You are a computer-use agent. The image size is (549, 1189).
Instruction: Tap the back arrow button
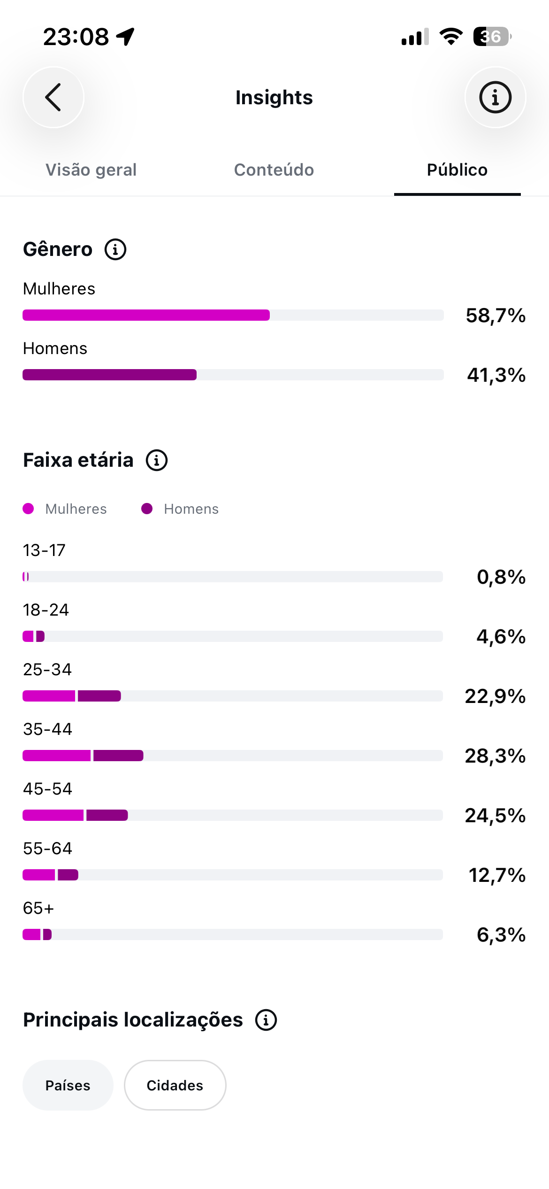click(x=53, y=97)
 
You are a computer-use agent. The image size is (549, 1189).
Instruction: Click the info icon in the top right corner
click(x=495, y=97)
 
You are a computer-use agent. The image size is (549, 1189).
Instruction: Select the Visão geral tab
click(x=91, y=170)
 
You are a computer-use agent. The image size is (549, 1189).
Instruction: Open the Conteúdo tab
click(x=274, y=170)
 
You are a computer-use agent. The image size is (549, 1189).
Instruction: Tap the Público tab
click(x=457, y=170)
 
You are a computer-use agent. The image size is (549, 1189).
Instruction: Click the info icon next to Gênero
click(x=115, y=249)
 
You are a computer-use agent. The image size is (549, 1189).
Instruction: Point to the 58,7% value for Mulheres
click(x=496, y=316)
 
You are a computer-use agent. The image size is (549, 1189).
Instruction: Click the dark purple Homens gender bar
click(x=110, y=375)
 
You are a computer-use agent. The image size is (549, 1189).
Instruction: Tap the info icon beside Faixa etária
click(x=157, y=460)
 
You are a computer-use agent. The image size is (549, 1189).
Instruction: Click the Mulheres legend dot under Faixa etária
click(x=28, y=509)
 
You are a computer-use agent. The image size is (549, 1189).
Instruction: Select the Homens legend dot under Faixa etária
click(x=147, y=509)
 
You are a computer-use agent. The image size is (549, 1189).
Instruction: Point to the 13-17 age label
click(x=44, y=550)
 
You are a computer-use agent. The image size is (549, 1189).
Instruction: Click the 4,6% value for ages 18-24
click(x=501, y=637)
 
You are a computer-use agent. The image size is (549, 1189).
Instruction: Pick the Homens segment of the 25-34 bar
click(x=99, y=696)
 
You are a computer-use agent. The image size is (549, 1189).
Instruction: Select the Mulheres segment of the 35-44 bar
click(x=56, y=756)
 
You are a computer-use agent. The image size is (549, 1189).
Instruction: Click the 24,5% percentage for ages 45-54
click(x=495, y=816)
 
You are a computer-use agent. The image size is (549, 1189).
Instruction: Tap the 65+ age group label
click(x=38, y=908)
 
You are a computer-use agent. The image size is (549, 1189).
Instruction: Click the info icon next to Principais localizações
click(x=266, y=1020)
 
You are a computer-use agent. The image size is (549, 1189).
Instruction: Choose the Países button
click(x=68, y=1085)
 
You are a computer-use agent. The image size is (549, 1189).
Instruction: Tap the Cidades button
click(x=175, y=1085)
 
